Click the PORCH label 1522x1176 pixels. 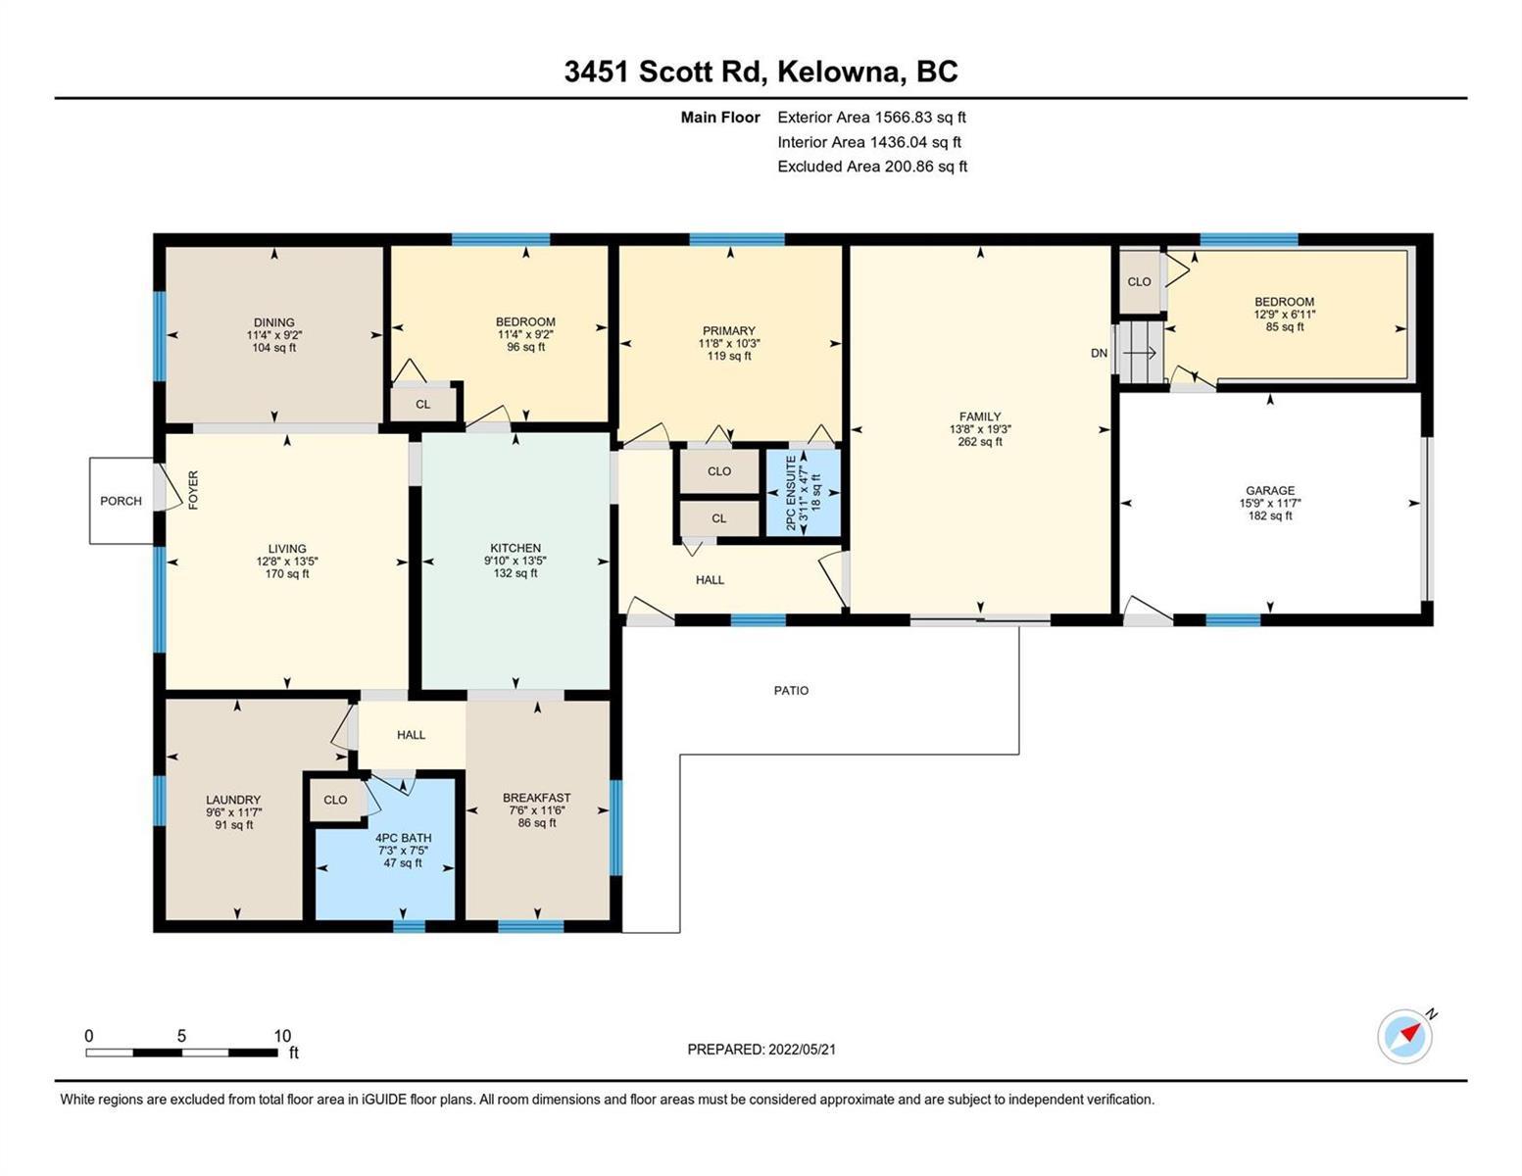coord(121,501)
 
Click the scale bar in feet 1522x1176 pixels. coord(182,1052)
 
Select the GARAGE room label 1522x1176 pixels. coord(1270,490)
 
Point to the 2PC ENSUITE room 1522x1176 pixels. coord(804,493)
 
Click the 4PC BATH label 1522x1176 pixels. coord(404,838)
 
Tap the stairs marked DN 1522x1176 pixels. coord(1139,353)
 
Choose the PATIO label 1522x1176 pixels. coord(791,691)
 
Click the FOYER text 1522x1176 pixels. coord(193,490)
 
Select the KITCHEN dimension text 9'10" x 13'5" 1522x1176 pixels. coord(516,561)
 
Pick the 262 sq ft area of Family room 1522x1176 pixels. coord(980,441)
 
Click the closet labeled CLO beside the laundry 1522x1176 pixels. coord(335,799)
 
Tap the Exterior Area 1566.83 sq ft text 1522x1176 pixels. coord(871,117)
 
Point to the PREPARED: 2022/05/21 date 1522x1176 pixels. coord(761,1050)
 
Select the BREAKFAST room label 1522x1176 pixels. coord(536,798)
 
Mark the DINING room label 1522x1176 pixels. coord(273,322)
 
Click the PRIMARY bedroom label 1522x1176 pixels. coord(729,330)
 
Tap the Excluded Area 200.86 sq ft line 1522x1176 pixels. coord(872,166)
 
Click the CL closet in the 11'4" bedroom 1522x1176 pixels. coord(423,404)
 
